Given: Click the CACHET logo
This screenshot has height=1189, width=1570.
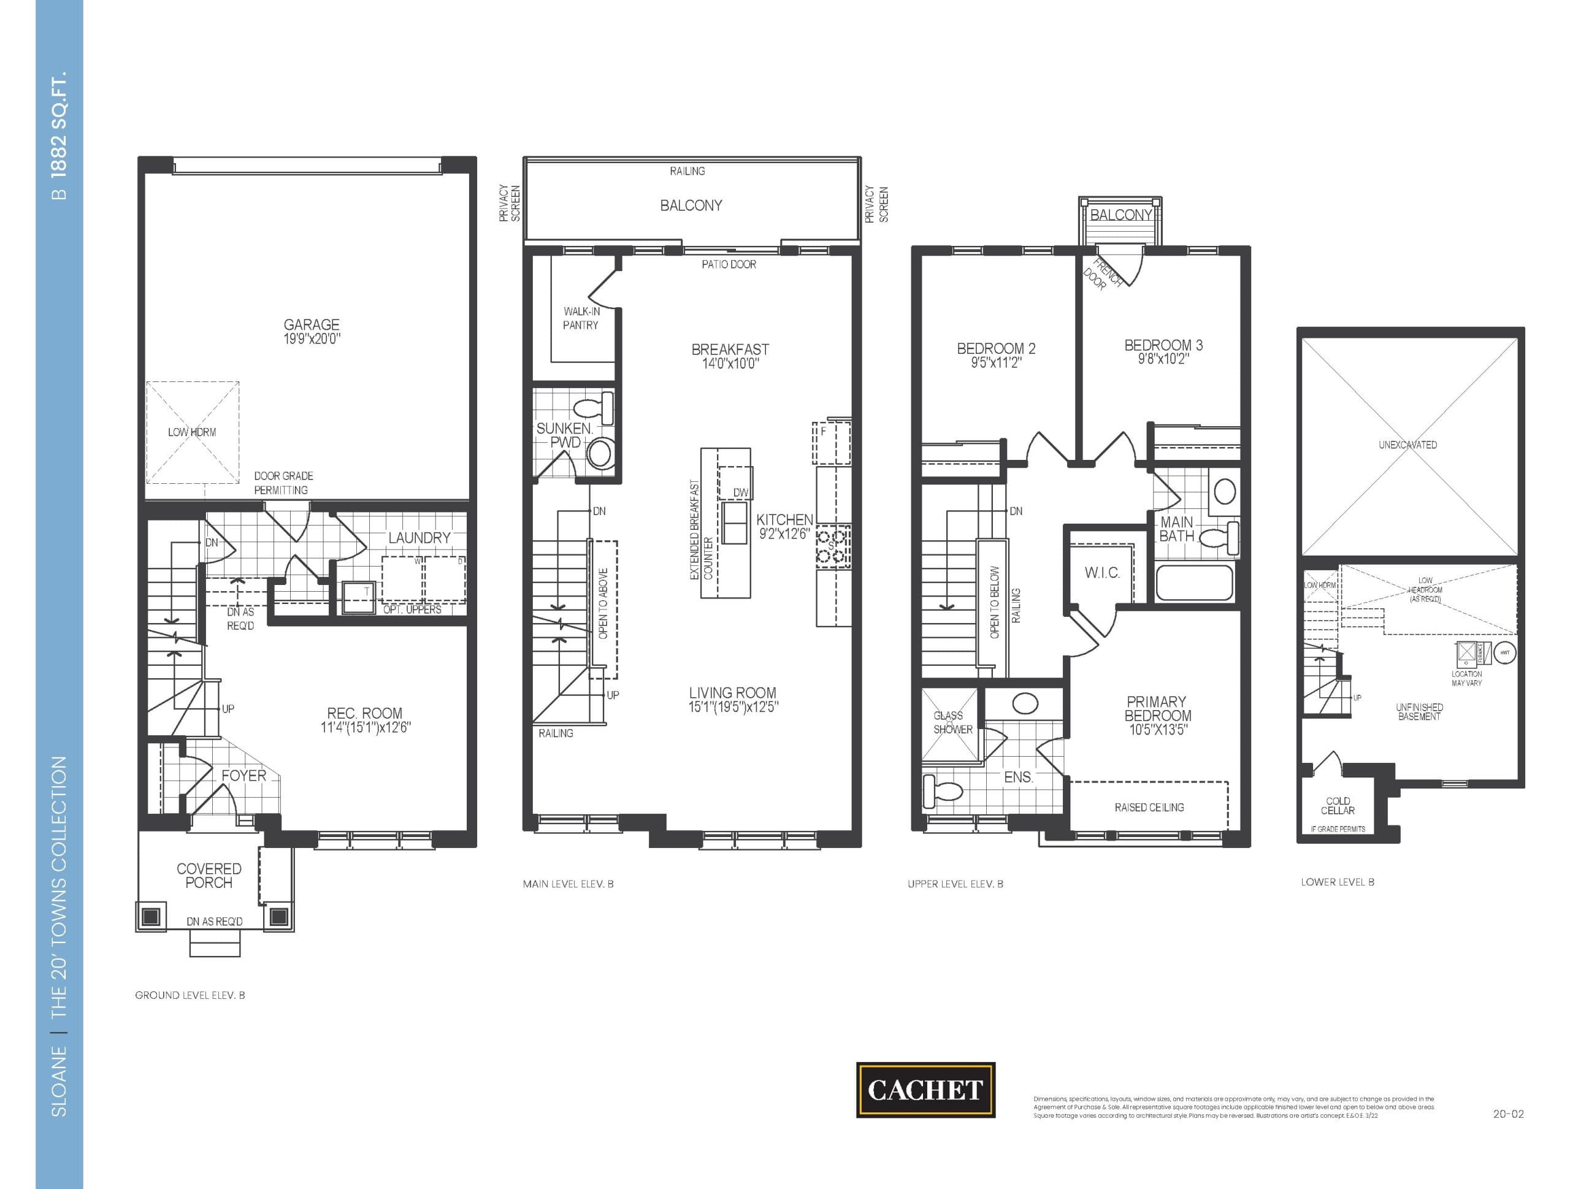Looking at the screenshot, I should click(925, 1090).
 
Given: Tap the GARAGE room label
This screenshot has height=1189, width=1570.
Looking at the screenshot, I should click(311, 324).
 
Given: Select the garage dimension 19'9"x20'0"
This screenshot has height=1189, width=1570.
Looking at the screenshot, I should click(312, 339).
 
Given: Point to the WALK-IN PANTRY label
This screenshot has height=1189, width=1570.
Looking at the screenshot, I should click(581, 318).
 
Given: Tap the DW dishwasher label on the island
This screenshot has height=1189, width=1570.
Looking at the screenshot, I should click(740, 492).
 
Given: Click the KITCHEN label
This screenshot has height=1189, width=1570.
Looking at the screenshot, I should click(784, 519).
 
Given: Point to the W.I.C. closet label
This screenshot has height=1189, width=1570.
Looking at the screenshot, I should click(1101, 573).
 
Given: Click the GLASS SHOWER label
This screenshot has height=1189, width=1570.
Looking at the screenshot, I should click(951, 722).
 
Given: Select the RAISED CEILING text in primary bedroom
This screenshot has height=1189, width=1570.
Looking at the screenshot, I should click(1149, 807).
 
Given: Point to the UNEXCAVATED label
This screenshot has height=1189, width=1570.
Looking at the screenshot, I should click(1407, 445).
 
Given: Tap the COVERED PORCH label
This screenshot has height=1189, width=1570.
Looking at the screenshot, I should click(209, 875).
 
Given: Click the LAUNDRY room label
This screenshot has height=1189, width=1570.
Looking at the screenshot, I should click(419, 538).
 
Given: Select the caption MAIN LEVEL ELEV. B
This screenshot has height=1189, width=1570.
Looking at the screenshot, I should click(568, 884).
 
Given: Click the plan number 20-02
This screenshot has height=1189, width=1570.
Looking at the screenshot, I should click(1507, 1114).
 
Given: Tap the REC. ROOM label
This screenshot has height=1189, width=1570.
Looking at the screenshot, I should click(364, 713).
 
